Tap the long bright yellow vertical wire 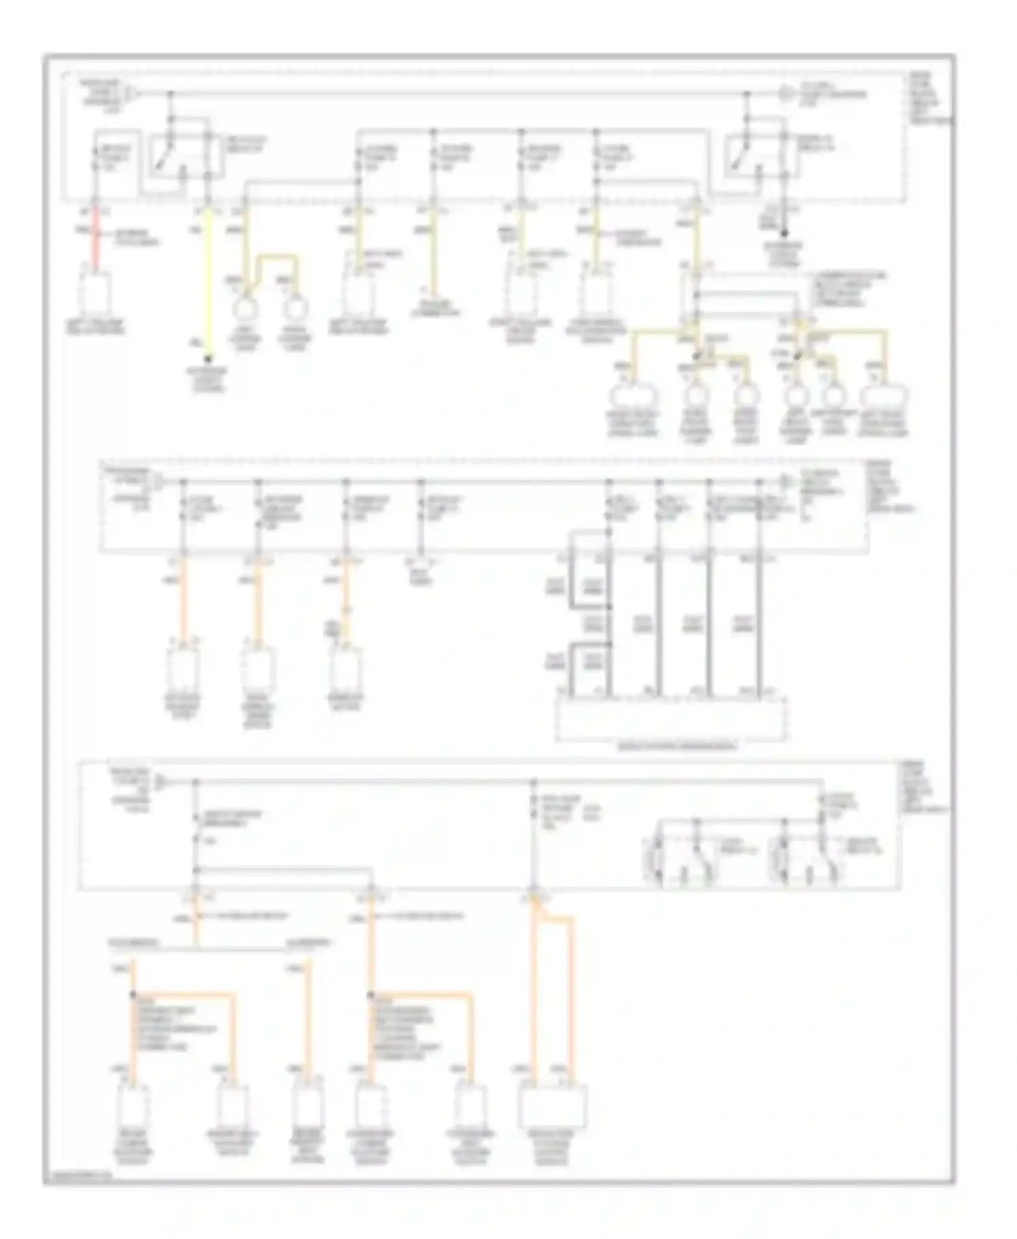(x=208, y=285)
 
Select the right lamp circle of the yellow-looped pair (x=295, y=309)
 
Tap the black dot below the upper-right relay (x=784, y=234)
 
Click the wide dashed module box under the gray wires (x=671, y=718)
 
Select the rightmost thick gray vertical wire (x=759, y=624)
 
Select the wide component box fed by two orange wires (x=552, y=1106)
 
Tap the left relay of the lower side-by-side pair (x=682, y=855)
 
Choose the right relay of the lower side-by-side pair (x=807, y=855)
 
